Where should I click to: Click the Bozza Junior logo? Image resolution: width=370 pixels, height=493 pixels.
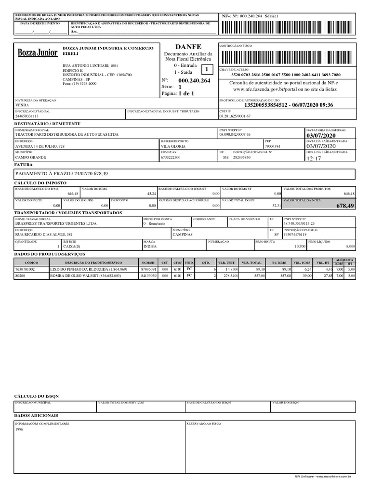click(37, 52)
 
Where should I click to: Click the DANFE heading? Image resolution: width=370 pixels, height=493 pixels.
click(188, 46)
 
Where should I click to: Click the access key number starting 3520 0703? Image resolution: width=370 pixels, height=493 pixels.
click(286, 75)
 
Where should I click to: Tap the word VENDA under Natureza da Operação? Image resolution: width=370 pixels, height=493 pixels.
click(22, 104)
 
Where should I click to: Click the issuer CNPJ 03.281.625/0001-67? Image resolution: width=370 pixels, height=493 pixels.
click(235, 116)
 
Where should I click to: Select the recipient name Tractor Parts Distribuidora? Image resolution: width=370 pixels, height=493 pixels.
click(66, 135)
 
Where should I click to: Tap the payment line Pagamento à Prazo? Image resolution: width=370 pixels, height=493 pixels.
click(62, 173)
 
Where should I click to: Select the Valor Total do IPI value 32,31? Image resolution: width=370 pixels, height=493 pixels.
click(276, 206)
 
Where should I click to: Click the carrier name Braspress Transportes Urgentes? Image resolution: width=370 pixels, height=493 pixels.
click(56, 223)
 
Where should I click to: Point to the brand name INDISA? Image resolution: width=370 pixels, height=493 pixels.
click(150, 246)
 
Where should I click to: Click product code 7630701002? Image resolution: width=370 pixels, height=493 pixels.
click(26, 269)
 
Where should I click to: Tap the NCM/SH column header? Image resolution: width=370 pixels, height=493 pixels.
click(148, 262)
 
